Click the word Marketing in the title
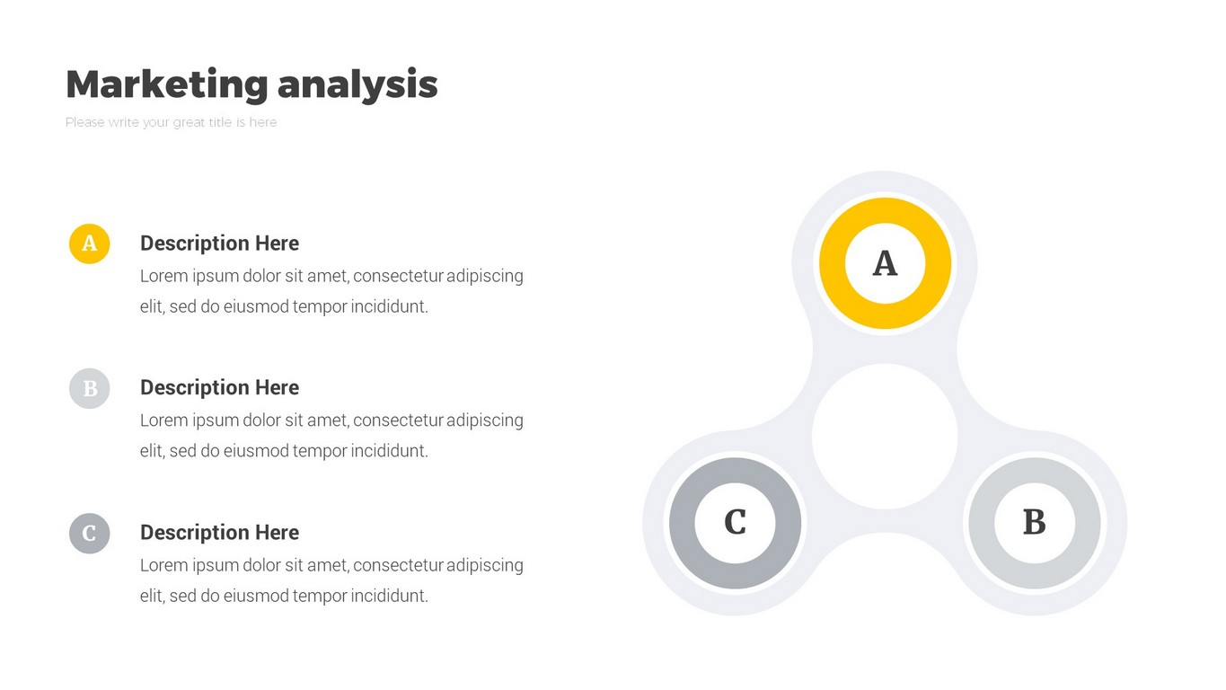pyautogui.click(x=167, y=84)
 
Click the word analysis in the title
pyautogui.click(x=357, y=84)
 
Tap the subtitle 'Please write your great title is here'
pyautogui.click(x=171, y=122)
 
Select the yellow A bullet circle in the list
pyautogui.click(x=89, y=243)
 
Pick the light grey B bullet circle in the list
pyautogui.click(x=89, y=388)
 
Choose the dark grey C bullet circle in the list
pyautogui.click(x=89, y=533)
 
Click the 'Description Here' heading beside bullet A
pyautogui.click(x=219, y=243)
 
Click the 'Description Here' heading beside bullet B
pyautogui.click(x=219, y=388)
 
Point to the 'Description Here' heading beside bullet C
pyautogui.click(x=219, y=532)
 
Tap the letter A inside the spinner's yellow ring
pyautogui.click(x=885, y=263)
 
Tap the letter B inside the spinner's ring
pyautogui.click(x=1035, y=522)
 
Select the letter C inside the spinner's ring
pyautogui.click(x=735, y=522)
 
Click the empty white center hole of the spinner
pyautogui.click(x=885, y=437)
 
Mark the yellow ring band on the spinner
pyautogui.click(x=832, y=263)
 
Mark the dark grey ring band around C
pyautogui.click(x=682, y=523)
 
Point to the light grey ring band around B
pyautogui.click(x=982, y=523)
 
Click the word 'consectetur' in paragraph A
pyautogui.click(x=398, y=276)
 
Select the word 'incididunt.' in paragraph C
pyautogui.click(x=389, y=596)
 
